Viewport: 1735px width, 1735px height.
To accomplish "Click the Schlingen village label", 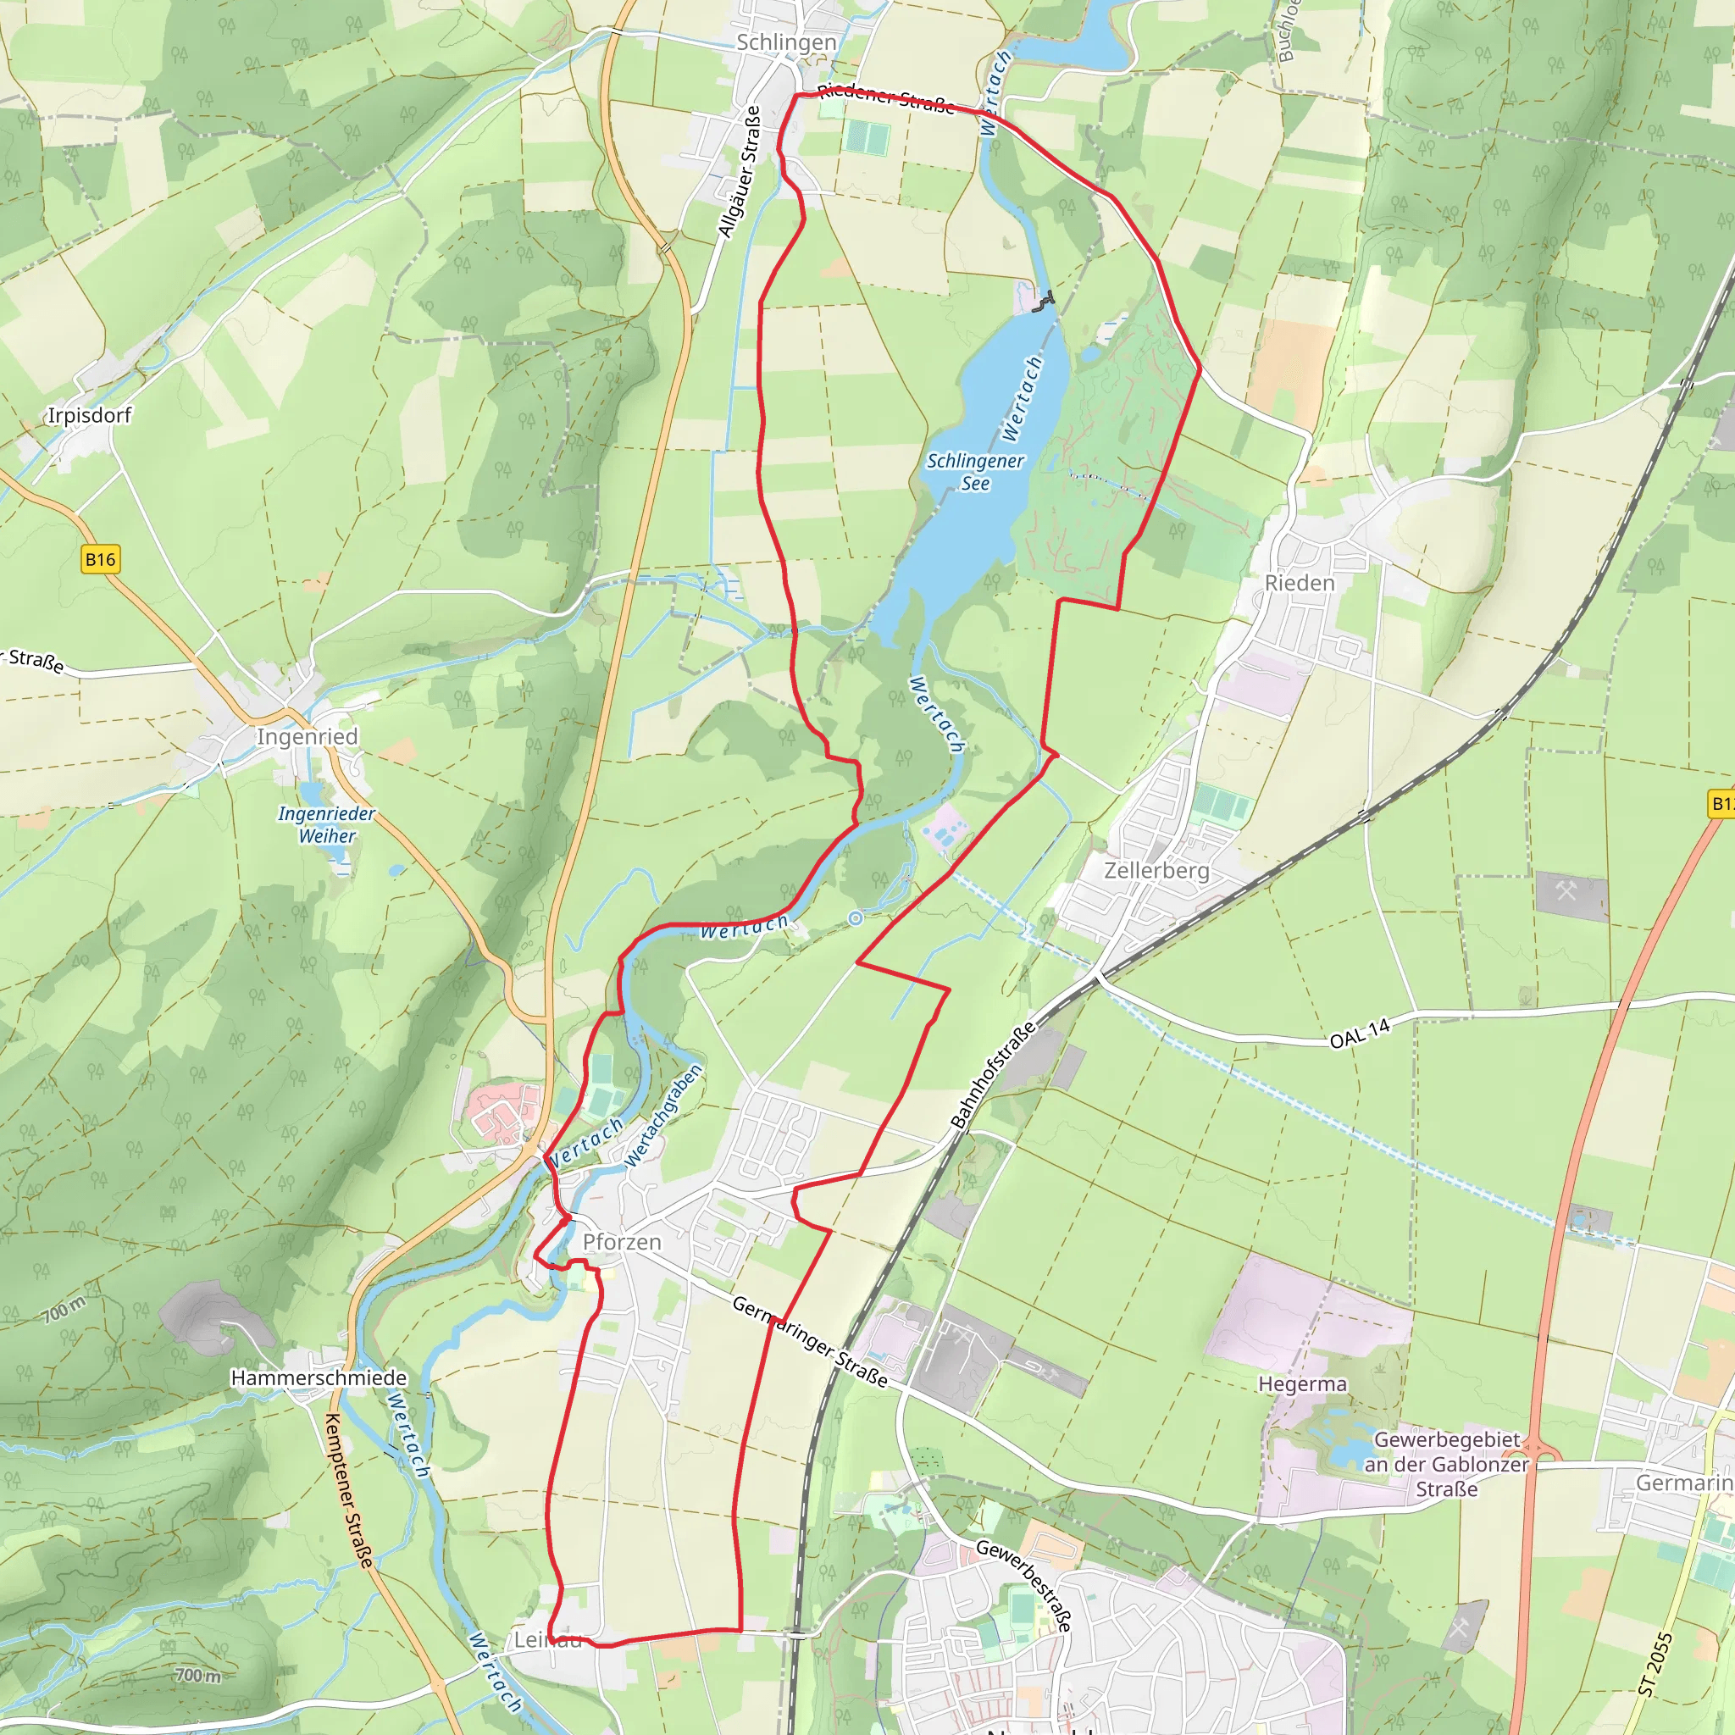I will click(x=786, y=42).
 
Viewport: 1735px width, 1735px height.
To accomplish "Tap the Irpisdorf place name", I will click(x=89, y=415).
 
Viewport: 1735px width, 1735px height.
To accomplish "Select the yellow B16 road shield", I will click(x=100, y=559).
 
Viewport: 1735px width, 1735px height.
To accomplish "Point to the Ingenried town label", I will click(x=308, y=736).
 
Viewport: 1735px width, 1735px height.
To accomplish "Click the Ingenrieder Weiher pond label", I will click(x=327, y=824).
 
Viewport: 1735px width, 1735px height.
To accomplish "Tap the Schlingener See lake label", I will click(x=975, y=472).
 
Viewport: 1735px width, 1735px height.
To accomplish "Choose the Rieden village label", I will click(x=1300, y=583).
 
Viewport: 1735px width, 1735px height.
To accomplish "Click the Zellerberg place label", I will click(x=1156, y=870).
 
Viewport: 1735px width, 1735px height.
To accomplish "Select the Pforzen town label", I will click(x=622, y=1242).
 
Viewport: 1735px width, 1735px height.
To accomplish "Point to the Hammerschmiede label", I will click(x=319, y=1377).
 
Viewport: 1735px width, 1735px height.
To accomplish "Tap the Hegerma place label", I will click(x=1302, y=1384).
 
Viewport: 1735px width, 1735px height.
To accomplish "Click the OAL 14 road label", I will click(x=1359, y=1034).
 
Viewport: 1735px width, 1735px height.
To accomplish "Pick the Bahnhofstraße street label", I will click(x=993, y=1075).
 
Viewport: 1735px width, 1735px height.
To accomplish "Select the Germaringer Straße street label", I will click(x=810, y=1342).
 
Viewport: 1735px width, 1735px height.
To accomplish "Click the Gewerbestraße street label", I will click(x=1023, y=1585).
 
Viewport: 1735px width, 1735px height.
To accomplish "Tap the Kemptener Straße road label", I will click(x=348, y=1490).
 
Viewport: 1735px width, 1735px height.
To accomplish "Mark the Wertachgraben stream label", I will click(x=663, y=1116).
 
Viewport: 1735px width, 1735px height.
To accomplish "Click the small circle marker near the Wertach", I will click(x=856, y=917).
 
